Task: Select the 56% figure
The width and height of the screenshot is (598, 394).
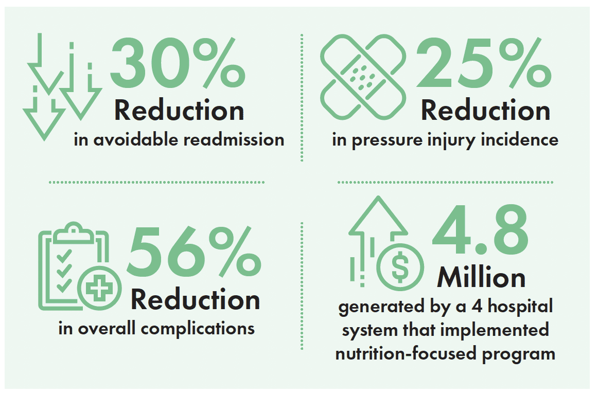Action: point(194,252)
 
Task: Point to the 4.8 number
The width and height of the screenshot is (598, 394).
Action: point(480,229)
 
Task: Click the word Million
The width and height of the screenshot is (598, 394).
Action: point(481,277)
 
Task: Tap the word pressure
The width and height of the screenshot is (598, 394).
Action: point(387,140)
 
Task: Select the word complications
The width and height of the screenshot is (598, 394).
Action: point(198,329)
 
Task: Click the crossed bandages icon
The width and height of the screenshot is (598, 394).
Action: point(363,77)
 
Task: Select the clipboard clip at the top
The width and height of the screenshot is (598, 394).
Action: point(74,233)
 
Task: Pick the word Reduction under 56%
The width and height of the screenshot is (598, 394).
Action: point(195,299)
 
